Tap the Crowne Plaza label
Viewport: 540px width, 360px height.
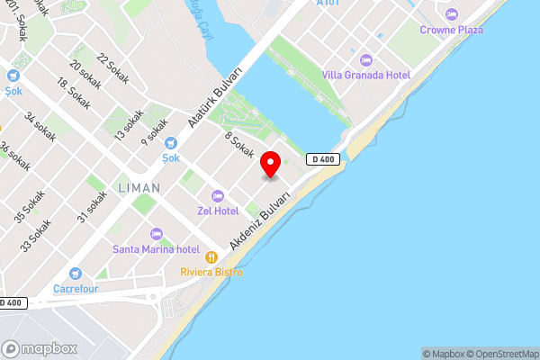point(451,30)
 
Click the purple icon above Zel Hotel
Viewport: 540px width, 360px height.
point(217,196)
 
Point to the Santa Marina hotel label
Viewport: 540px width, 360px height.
point(156,248)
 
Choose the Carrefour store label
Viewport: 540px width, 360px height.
point(75,289)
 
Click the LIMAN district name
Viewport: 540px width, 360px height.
point(139,188)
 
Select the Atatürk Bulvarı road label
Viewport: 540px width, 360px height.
point(216,96)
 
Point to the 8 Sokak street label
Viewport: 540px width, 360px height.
point(239,146)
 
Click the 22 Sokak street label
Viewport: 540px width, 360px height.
point(113,69)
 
